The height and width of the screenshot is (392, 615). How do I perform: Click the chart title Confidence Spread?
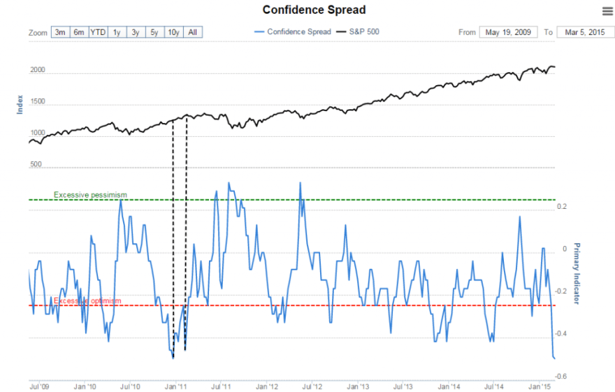[314, 10]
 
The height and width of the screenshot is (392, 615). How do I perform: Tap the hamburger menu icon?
[607, 10]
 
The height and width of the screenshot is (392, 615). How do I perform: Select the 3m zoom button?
[60, 32]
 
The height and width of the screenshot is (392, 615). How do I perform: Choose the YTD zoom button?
[98, 32]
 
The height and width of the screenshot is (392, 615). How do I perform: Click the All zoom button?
[193, 32]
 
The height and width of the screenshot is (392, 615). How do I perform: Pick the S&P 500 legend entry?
[358, 32]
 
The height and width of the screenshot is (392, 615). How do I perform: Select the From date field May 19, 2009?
[508, 32]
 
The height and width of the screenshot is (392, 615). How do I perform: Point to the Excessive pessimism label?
[90, 194]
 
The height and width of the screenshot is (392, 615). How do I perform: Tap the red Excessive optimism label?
[87, 301]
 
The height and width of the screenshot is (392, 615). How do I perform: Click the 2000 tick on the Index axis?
[38, 71]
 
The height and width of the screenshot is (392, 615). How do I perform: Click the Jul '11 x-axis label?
[221, 386]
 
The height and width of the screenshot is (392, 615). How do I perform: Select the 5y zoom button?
[153, 32]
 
